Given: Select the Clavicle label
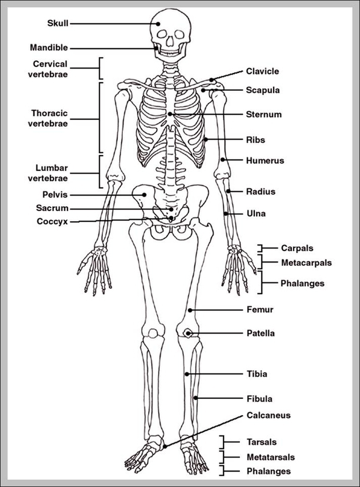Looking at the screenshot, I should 262,71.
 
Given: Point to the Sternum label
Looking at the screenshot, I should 264,114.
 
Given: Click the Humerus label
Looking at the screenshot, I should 265,160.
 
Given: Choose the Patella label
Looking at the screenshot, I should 261,333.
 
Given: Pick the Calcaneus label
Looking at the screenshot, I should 269,415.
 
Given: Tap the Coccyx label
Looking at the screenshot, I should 53,221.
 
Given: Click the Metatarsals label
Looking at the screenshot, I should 270,457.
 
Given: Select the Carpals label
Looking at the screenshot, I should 297,248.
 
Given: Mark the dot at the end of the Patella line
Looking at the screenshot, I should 188,333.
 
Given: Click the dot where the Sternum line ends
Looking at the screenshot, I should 171,114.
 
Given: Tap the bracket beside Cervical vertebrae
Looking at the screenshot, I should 100,69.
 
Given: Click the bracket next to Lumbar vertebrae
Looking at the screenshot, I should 100,172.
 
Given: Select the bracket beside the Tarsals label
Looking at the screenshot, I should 222,442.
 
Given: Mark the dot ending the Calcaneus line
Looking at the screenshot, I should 165,445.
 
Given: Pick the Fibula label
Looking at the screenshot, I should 259,398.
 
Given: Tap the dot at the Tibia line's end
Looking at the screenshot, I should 187,374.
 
